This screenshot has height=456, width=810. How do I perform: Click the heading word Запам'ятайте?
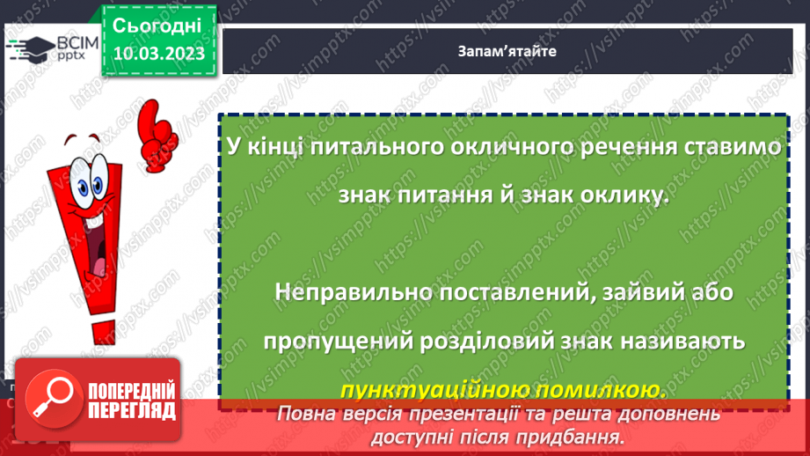[507, 51]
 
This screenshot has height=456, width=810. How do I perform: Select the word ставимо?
[732, 147]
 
